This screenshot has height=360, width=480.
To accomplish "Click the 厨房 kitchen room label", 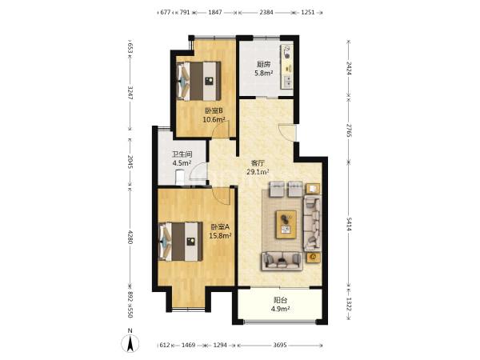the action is (263, 64).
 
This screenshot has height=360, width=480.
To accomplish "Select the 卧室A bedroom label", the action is (220, 227).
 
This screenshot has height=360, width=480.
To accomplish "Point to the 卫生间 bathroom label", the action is (182, 154).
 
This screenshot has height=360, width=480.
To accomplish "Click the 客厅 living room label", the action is (258, 163).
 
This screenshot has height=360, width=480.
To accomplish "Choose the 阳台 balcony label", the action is (281, 300).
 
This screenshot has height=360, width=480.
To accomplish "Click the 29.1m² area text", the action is (258, 172).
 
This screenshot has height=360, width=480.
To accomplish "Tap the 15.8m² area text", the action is (220, 236).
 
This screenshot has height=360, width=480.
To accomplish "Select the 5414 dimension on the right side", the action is (349, 223).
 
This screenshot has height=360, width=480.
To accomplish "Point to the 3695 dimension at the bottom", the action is (280, 345).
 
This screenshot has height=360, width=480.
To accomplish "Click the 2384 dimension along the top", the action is (266, 13).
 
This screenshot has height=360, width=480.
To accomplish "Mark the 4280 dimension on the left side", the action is (130, 237).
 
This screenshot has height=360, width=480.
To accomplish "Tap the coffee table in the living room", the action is (286, 224).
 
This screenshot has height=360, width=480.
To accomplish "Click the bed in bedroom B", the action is (199, 81).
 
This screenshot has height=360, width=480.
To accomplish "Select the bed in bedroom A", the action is (181, 242).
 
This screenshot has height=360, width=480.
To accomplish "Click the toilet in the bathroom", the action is (180, 178).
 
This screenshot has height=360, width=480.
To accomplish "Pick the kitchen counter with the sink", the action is (287, 66).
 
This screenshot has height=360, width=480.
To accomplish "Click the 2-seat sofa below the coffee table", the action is (282, 261).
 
